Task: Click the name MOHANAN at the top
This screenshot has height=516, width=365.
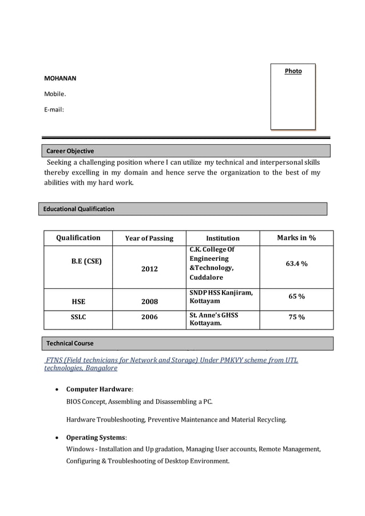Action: tap(60, 78)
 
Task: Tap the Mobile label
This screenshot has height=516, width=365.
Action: tap(55, 94)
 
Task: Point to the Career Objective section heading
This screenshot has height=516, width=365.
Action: tap(70, 151)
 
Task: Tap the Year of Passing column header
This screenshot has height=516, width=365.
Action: tap(149, 239)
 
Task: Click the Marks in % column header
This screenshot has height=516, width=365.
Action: tap(296, 238)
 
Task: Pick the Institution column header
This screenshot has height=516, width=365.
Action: tap(223, 239)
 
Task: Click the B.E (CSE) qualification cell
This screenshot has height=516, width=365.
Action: tap(86, 261)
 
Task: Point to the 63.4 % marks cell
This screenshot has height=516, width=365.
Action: tap(296, 264)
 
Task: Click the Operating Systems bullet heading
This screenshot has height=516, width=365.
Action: tap(96, 437)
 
